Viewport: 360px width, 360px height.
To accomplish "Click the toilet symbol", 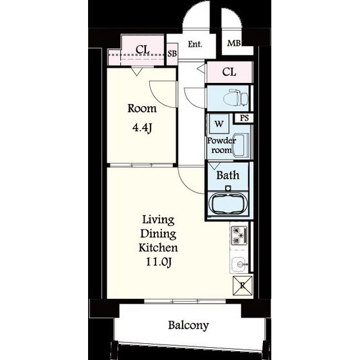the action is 235,98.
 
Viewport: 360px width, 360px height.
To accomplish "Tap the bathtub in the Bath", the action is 228,203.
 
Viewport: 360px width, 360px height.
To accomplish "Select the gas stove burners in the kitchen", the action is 239,235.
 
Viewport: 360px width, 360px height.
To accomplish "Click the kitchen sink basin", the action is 239,264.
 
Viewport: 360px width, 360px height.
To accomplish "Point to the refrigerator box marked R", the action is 243,286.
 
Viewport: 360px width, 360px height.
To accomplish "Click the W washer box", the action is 219,123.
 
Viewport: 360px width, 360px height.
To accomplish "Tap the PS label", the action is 244,118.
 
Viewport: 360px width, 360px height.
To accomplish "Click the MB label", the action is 234,43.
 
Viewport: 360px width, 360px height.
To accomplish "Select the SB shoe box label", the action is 172,53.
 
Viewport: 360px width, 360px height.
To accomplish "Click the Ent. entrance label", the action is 195,44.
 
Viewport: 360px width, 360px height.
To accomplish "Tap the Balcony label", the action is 188,325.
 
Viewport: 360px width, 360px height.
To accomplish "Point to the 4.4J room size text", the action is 142,128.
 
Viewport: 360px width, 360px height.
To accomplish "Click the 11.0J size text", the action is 158,262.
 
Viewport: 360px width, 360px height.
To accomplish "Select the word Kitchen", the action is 158,248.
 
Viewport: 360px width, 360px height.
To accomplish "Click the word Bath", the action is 228,175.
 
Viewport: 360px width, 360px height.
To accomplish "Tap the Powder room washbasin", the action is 241,145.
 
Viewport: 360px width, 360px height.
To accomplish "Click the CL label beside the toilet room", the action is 229,72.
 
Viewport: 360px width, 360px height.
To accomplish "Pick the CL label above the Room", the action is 143,50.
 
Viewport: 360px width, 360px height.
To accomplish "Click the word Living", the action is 158,220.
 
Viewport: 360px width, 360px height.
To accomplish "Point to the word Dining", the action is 158,234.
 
